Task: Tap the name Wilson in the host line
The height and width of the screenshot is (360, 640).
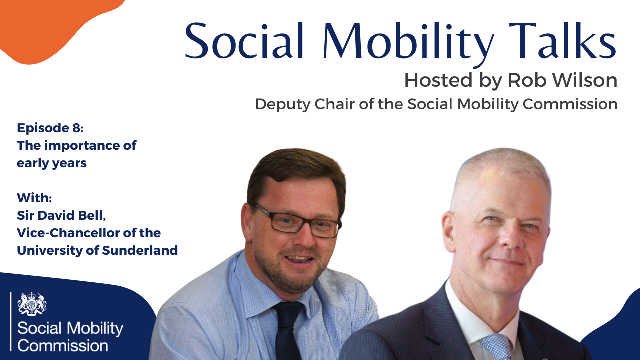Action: pyautogui.click(x=579, y=80)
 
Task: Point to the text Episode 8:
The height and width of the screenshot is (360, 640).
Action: pyautogui.click(x=50, y=128)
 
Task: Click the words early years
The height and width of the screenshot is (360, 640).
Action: pyautogui.click(x=52, y=163)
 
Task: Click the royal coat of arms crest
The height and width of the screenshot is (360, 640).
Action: pyautogui.click(x=32, y=304)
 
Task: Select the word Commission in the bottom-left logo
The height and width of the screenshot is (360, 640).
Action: pyautogui.click(x=63, y=345)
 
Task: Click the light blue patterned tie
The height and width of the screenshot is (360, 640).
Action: pyautogui.click(x=495, y=348)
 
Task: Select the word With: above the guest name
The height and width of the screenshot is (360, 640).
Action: pyautogui.click(x=34, y=197)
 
